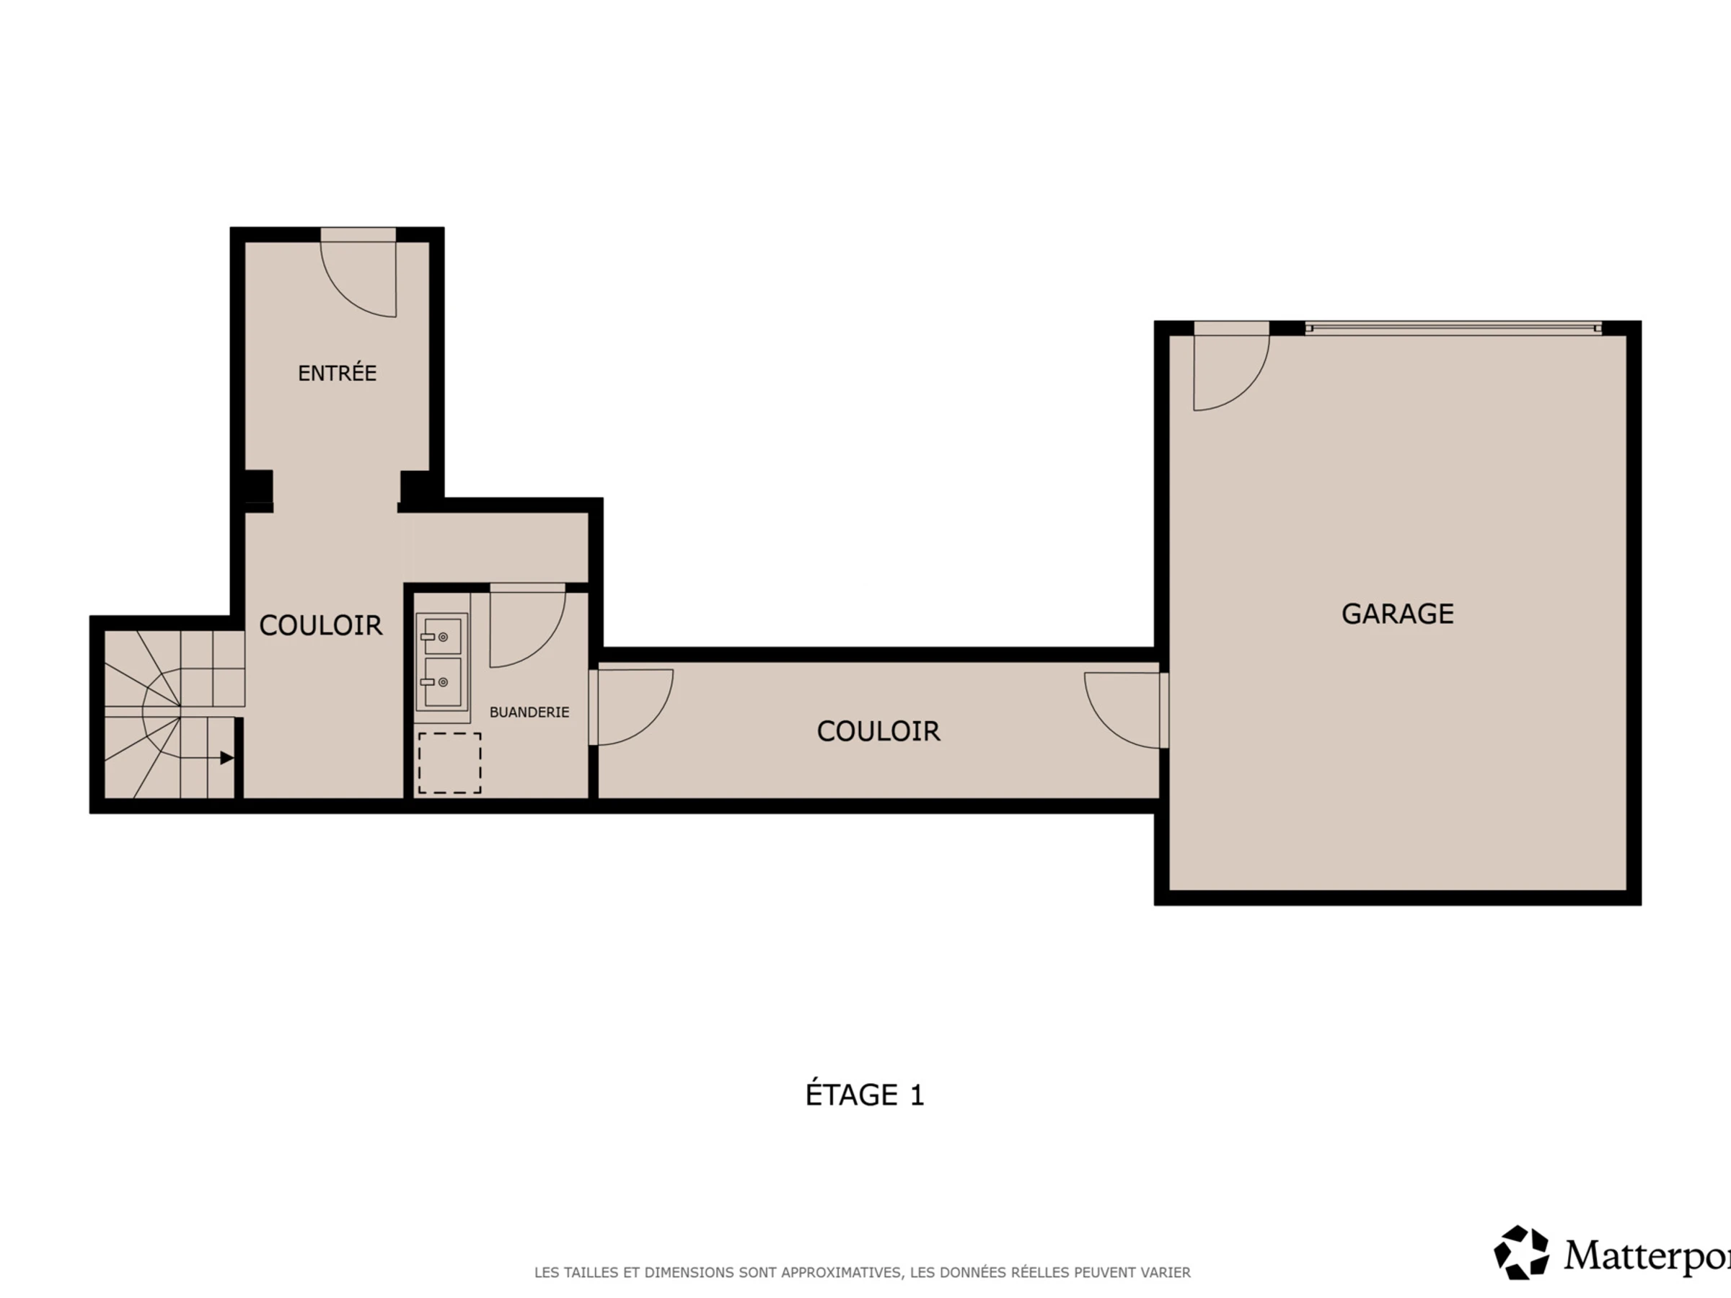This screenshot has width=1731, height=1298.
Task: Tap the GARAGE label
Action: pyautogui.click(x=1398, y=614)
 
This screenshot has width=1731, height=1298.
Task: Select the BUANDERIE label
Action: pyautogui.click(x=529, y=712)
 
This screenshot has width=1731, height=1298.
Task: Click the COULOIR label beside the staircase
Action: pyautogui.click(x=321, y=625)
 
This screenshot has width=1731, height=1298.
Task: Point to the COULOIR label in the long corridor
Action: pyautogui.click(x=878, y=731)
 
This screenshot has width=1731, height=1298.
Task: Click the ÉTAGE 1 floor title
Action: pyautogui.click(x=865, y=1095)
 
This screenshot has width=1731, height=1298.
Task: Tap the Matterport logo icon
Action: pyautogui.click(x=1520, y=1253)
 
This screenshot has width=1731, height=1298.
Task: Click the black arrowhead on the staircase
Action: pyautogui.click(x=227, y=757)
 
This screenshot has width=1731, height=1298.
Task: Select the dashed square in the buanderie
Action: pyautogui.click(x=449, y=763)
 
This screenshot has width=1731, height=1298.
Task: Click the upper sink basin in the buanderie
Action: pyautogui.click(x=442, y=636)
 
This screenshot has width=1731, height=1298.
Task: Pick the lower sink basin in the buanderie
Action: pyautogui.click(x=442, y=682)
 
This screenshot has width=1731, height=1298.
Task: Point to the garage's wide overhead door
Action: pyautogui.click(x=1453, y=328)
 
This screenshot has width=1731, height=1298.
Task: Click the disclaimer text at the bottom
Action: pyautogui.click(x=863, y=1273)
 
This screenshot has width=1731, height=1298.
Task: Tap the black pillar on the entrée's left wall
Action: pyautogui.click(x=258, y=486)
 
